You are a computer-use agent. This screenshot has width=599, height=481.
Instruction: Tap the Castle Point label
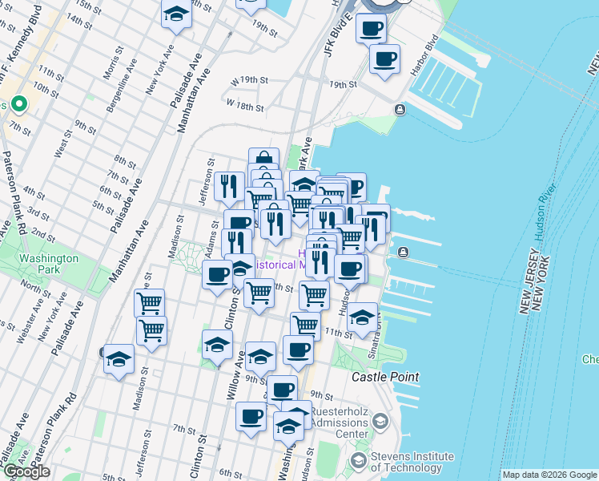pos(386,377)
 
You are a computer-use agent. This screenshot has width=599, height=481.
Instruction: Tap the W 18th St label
pos(245,104)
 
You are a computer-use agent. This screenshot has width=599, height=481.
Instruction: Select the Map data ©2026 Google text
pos(549,475)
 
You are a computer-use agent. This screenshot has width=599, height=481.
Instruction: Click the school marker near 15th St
pos(176,14)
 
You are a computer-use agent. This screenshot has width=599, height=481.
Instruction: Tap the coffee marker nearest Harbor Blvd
pos(384,59)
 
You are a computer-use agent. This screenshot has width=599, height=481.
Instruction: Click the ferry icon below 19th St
pos(400,110)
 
